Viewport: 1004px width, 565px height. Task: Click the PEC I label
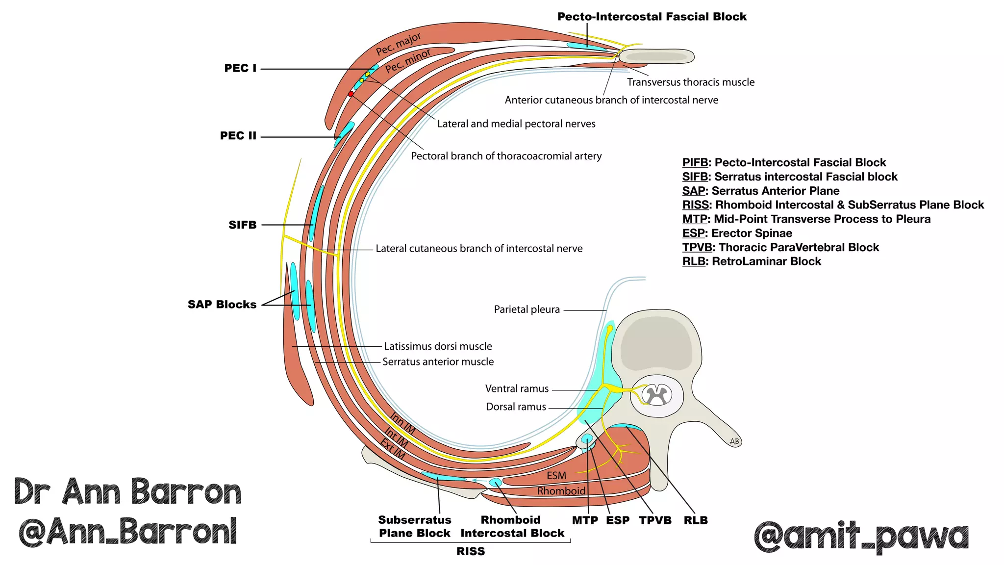coord(240,68)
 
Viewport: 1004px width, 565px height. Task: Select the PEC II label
coord(238,136)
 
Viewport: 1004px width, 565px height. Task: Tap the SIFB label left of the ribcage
coord(242,225)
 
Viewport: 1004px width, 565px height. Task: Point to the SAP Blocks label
coord(222,305)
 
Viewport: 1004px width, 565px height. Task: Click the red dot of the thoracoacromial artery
coord(351,94)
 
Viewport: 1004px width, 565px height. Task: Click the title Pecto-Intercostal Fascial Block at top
coord(652,17)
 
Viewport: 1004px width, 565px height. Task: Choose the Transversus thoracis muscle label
coord(690,82)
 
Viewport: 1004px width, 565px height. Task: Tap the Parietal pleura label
coord(527,309)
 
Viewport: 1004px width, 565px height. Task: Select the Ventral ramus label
coord(517,389)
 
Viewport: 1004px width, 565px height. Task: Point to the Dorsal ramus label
coord(516,407)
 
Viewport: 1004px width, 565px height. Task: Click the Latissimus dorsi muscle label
coord(438,346)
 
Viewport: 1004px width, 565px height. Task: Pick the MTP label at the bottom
coord(585,520)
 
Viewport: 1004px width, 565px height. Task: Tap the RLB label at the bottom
coord(695,520)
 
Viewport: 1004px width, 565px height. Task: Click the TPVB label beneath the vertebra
coord(655,520)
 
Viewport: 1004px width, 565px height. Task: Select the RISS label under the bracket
coord(470,551)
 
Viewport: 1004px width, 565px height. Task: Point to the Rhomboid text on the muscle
coord(561,491)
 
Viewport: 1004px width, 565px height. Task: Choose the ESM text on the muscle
coord(556,476)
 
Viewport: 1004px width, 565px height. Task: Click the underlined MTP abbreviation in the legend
coord(694,219)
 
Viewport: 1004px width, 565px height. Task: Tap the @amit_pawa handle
coord(861,537)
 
